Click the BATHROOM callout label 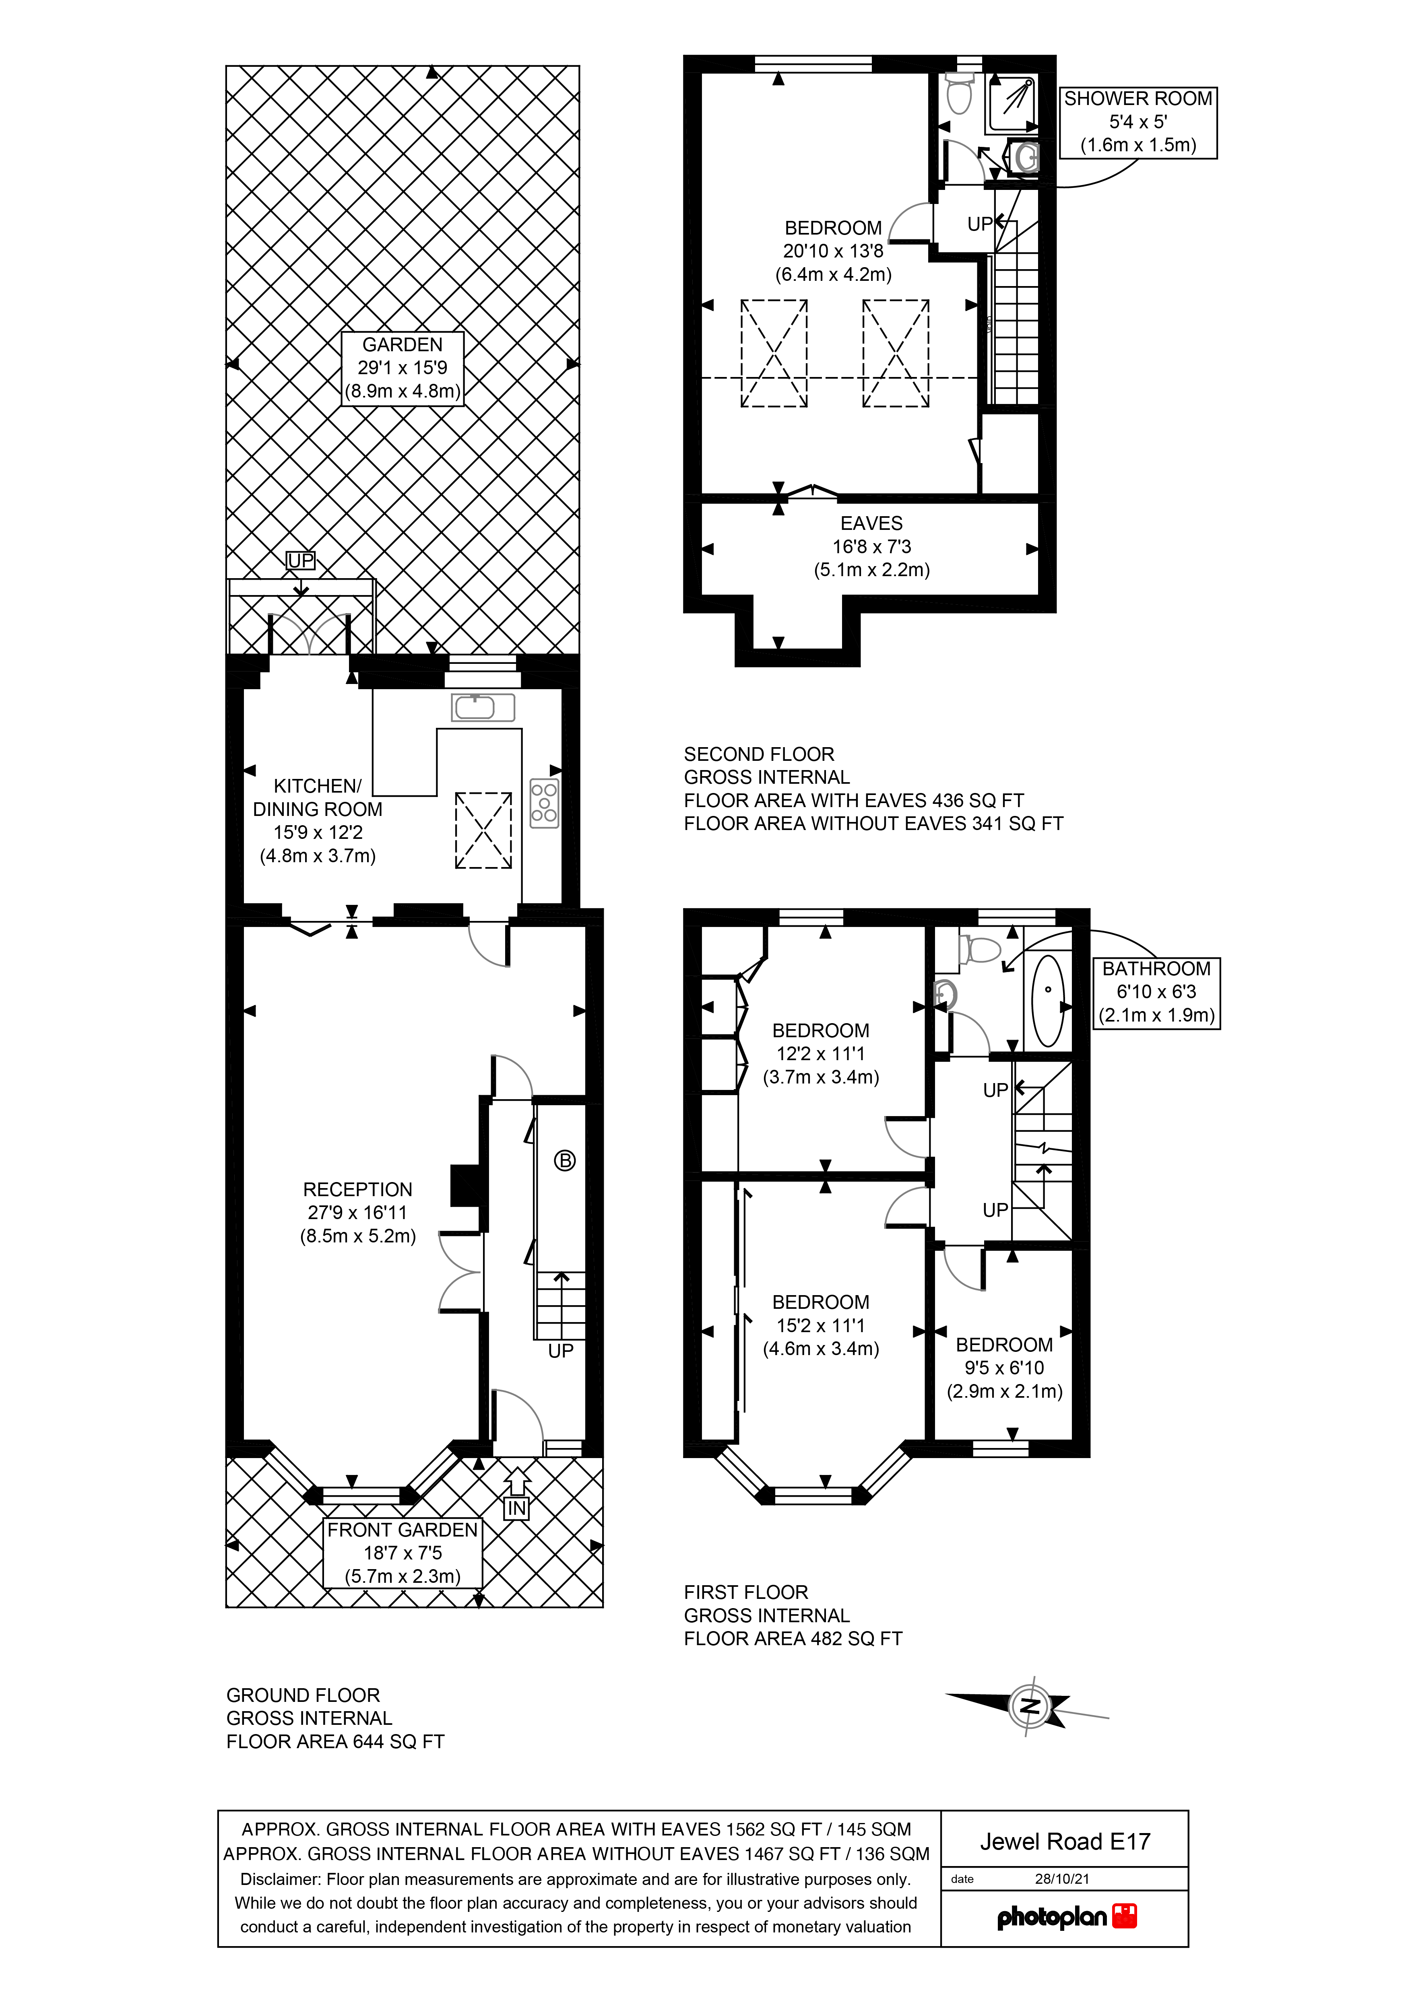pos(1156,992)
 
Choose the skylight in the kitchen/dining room pos(484,830)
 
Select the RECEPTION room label pos(357,1213)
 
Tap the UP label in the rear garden pos(301,561)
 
